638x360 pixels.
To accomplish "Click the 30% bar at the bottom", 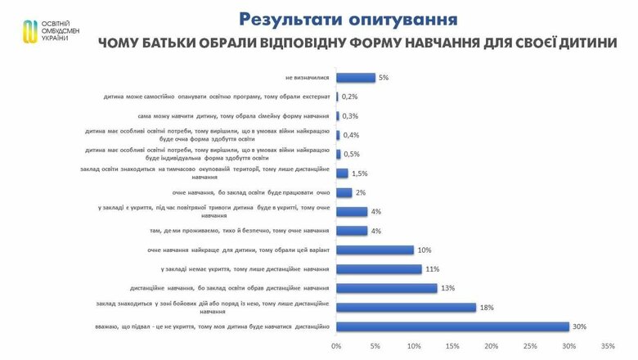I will pos(452,326).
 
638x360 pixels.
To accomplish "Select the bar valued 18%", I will pos(406,308).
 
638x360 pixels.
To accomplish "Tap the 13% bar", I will pos(386,288).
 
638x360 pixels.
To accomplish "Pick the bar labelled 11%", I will pos(379,269).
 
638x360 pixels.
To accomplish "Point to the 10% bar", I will pos(375,250).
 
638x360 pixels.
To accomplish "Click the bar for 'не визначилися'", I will pos(356,78).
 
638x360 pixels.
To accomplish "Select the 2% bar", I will pos(344,192).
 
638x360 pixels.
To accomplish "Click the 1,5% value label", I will pos(359,173).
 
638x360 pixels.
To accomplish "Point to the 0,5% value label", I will pos(352,154).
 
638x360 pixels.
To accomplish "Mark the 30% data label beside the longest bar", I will pos(580,326).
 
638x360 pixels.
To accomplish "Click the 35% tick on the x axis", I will pos(607,346).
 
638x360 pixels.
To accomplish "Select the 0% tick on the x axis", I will pos(336,346).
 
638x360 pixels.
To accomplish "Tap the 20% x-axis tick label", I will pos(491,346).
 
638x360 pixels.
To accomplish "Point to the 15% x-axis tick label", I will pos(452,346).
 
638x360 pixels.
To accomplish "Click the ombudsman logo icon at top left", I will pos(29,29).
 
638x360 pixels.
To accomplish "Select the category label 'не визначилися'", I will pos(307,78).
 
